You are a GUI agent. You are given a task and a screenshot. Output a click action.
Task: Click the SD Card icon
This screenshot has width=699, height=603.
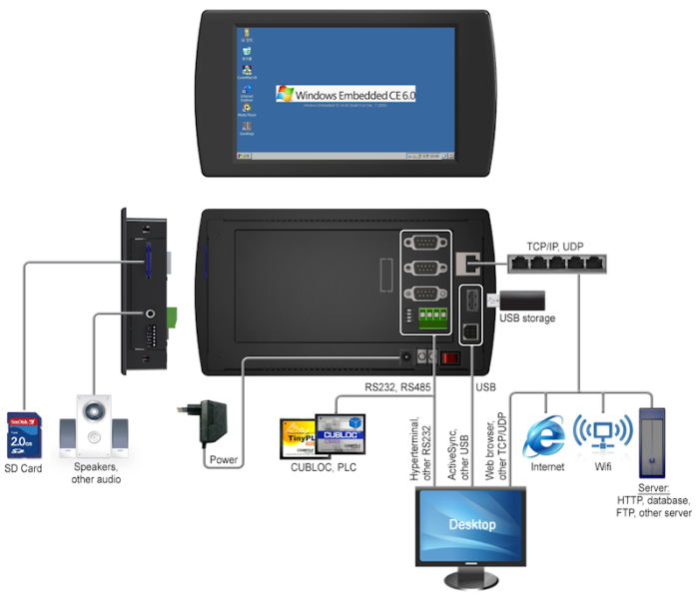click(24, 434)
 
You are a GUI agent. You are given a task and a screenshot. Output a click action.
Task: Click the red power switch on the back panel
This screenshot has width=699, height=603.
click(450, 355)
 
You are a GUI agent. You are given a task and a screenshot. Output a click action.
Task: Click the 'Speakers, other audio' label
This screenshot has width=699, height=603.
click(96, 472)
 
